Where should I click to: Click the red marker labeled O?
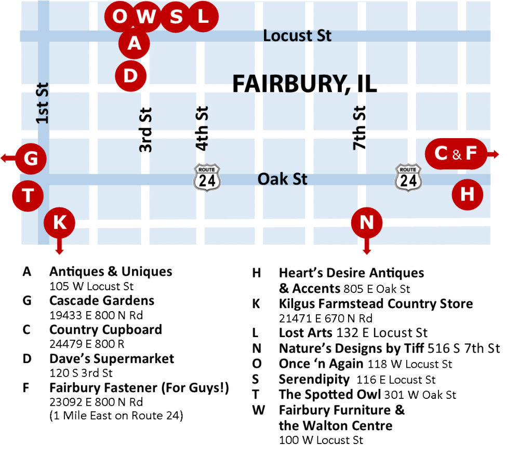[x=119, y=16]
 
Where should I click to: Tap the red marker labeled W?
[x=147, y=17]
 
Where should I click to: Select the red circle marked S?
[x=176, y=17]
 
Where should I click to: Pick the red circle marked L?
[x=203, y=16]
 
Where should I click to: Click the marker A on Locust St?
[x=134, y=44]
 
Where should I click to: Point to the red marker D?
[x=130, y=76]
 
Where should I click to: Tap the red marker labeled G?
[x=31, y=158]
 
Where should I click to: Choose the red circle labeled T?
[x=28, y=196]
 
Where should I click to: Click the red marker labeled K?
[x=60, y=222]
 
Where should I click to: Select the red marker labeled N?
[x=367, y=222]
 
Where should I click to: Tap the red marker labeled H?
[x=467, y=195]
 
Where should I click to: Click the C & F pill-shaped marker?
[x=456, y=154]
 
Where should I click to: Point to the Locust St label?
[x=297, y=35]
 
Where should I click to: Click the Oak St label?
[x=283, y=179]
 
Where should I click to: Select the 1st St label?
[x=43, y=103]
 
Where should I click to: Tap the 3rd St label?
[x=146, y=129]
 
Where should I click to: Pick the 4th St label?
[x=202, y=128]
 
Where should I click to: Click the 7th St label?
[x=360, y=128]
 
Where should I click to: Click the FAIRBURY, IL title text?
[x=304, y=84]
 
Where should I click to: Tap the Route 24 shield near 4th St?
[x=207, y=177]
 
